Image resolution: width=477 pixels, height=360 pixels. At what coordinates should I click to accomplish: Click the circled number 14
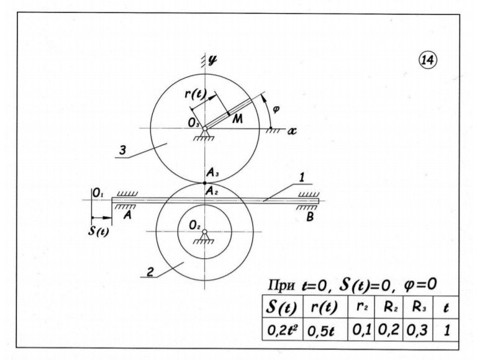[x=428, y=60]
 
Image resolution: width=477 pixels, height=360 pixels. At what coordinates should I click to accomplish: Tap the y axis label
[x=212, y=60]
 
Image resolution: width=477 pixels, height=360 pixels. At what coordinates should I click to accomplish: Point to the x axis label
[x=292, y=131]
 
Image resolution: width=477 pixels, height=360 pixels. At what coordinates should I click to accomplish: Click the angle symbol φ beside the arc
[x=276, y=109]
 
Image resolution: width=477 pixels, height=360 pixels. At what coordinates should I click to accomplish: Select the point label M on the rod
[x=237, y=119]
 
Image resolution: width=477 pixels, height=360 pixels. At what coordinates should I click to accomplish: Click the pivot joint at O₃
[x=205, y=128]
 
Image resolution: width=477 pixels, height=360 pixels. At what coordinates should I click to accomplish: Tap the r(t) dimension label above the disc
[x=196, y=94]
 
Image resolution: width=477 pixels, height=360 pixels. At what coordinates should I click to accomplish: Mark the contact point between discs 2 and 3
[x=205, y=182]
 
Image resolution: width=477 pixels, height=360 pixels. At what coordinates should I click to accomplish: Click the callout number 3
[x=122, y=150]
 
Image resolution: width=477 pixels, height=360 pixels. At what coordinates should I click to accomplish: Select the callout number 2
[x=150, y=272]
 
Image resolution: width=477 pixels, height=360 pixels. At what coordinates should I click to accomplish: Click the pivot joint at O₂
[x=205, y=232]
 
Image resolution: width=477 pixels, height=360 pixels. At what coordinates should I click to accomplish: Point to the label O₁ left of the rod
[x=98, y=193]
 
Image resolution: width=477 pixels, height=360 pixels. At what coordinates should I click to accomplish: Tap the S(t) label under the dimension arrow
[x=98, y=232]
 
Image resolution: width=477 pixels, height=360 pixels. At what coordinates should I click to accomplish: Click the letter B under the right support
[x=310, y=217]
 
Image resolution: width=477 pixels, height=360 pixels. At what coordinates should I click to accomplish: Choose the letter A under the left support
[x=128, y=215]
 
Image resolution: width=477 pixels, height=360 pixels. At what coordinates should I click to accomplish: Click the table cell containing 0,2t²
[x=283, y=330]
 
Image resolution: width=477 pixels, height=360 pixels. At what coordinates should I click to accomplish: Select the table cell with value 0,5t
[x=325, y=330]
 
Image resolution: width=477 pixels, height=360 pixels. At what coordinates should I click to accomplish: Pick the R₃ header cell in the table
[x=419, y=307]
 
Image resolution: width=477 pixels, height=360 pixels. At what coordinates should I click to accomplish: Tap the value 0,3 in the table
[x=417, y=330]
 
